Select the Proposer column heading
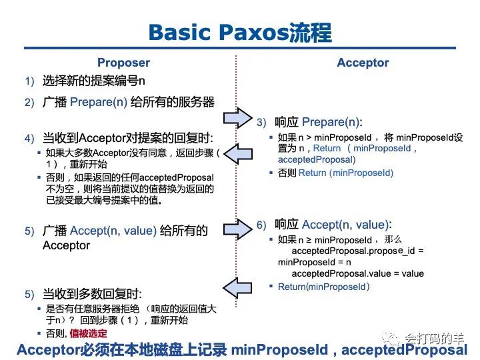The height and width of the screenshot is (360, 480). coord(123,63)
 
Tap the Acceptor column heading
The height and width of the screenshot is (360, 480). coord(363,63)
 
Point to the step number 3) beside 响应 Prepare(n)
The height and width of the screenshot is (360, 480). coord(261,123)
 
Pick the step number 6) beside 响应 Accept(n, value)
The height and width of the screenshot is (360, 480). coord(261,225)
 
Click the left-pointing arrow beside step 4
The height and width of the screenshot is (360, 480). coord(236,152)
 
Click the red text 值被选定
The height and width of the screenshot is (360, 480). coord(88,333)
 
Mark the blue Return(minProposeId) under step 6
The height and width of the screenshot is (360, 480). coord(323,287)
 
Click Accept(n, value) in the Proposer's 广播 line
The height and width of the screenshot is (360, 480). coord(113,231)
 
